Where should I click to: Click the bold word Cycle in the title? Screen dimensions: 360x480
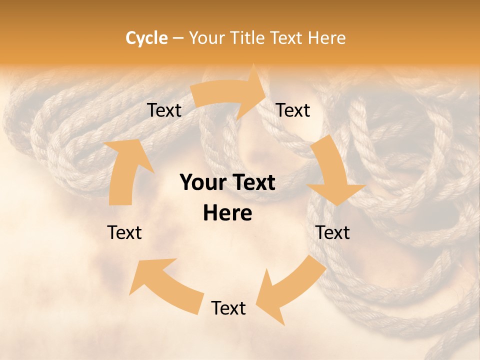click(146, 38)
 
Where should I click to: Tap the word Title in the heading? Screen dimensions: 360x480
click(248, 38)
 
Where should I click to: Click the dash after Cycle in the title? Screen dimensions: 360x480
click(178, 38)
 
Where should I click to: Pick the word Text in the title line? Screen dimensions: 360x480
click(288, 38)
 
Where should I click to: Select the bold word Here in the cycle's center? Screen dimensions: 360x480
click(227, 213)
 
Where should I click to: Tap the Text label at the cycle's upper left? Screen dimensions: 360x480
click(164, 110)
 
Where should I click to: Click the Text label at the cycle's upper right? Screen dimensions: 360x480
click(293, 110)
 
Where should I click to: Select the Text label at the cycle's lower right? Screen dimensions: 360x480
click(332, 232)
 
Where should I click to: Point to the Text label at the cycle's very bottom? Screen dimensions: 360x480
click(228, 308)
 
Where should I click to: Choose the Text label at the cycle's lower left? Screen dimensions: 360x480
click(124, 232)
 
